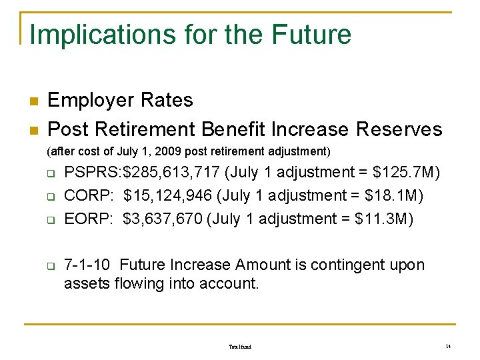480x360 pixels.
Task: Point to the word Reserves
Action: pyautogui.click(x=399, y=128)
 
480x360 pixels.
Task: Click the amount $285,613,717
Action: pyautogui.click(x=172, y=173)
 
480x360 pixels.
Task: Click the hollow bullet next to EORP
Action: pyautogui.click(x=50, y=220)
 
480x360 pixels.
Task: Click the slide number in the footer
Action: pyautogui.click(x=449, y=347)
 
